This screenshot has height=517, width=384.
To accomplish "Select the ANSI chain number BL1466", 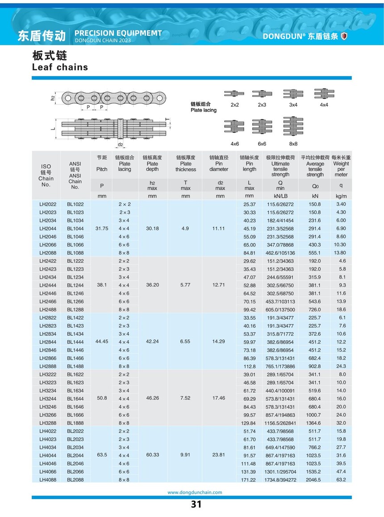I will [x=75, y=358].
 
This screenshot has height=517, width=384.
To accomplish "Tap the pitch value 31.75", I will [x=102, y=229].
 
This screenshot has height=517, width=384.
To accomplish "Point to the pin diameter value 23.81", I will [x=219, y=455].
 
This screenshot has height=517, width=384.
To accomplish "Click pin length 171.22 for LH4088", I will [x=249, y=479].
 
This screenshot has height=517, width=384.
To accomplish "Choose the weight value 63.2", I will [x=341, y=479].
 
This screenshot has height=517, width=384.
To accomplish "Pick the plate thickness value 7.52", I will [x=185, y=399].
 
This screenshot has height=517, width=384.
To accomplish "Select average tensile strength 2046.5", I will [x=315, y=479].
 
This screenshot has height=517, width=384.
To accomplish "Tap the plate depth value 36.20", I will [x=152, y=285].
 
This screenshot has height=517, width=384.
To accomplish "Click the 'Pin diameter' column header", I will [x=219, y=163].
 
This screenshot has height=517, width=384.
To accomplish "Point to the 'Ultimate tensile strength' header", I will [x=280, y=166].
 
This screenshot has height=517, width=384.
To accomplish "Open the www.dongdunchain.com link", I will [x=195, y=492].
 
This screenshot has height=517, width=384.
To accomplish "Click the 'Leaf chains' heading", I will [x=60, y=67].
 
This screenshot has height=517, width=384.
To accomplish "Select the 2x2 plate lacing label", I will [x=235, y=105].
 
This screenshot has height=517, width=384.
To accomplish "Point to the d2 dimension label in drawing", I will [x=121, y=145].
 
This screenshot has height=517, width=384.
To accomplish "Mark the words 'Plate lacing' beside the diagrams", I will [x=203, y=110].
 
